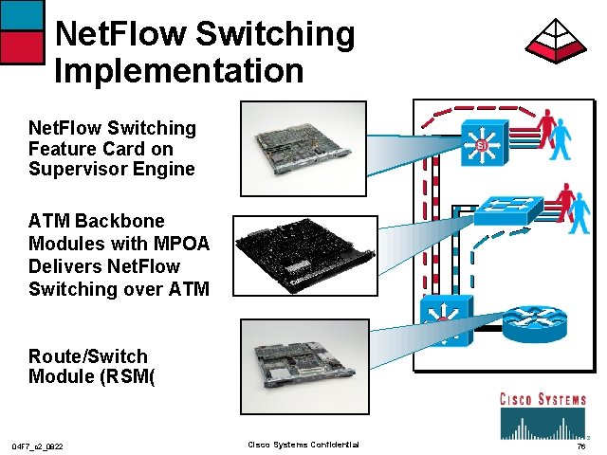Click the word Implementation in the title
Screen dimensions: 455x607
pos(179,70)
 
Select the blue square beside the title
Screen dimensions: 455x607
pos(22,14)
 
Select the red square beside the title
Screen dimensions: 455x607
pos(22,46)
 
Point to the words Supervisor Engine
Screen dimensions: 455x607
pos(111,170)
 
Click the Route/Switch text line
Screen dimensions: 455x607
pos(88,356)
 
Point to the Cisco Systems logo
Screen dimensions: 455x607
pos(543,414)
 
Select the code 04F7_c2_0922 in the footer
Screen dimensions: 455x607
pos(38,446)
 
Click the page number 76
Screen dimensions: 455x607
pos(579,446)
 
